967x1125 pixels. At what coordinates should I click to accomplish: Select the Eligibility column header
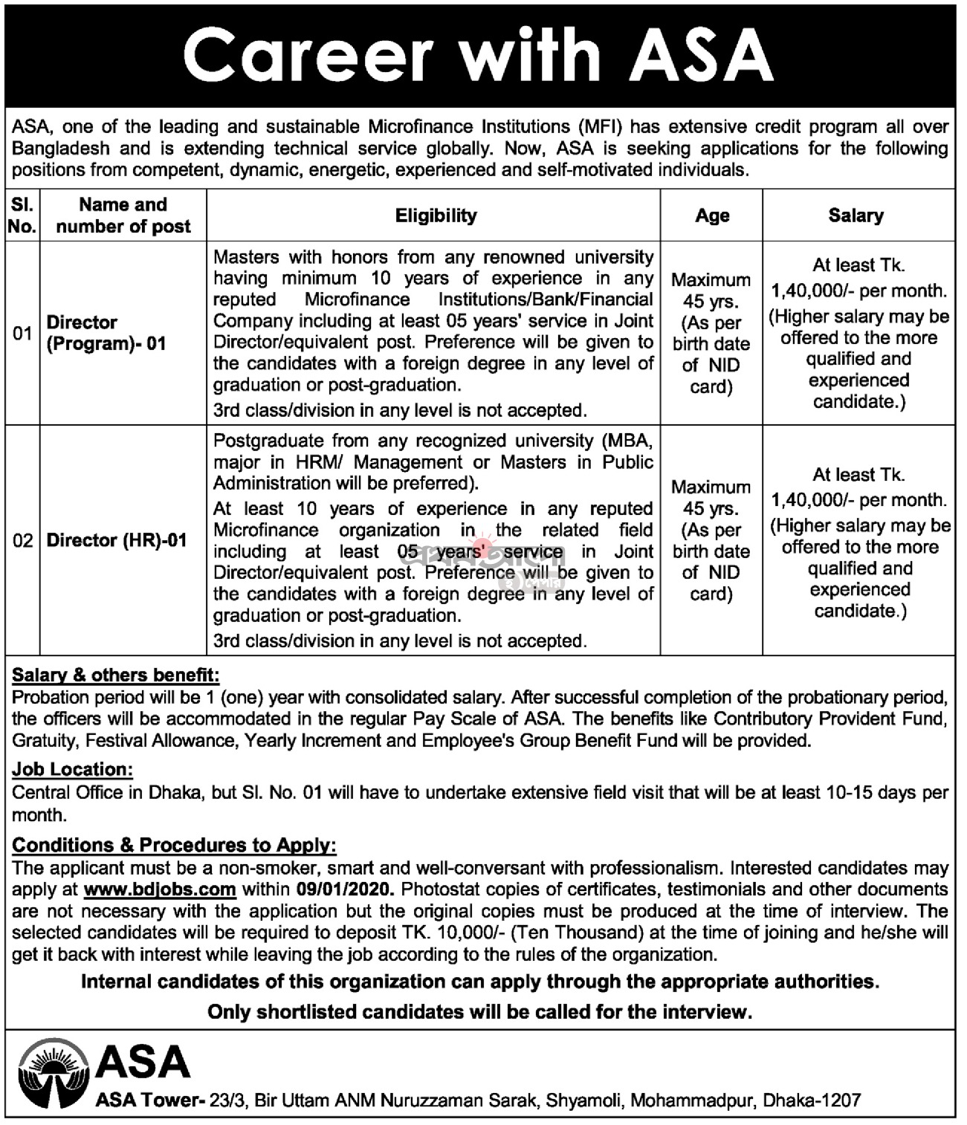click(x=436, y=215)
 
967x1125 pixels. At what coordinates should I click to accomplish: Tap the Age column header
click(x=712, y=215)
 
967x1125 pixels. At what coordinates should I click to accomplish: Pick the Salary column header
click(x=856, y=215)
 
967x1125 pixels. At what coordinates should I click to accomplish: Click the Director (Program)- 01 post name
click(x=106, y=333)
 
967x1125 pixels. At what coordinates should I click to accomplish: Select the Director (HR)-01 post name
click(x=117, y=540)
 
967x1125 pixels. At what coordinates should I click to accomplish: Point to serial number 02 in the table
click(x=22, y=540)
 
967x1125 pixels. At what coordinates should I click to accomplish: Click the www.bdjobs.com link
click(x=160, y=889)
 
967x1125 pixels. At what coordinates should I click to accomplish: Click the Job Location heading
click(x=72, y=769)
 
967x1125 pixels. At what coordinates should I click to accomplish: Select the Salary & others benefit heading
click(x=116, y=675)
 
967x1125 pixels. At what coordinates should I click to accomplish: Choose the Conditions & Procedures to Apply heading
click(x=175, y=845)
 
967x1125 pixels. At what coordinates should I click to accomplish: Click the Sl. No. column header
click(x=22, y=215)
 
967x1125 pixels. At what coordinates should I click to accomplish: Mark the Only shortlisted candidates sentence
click(x=479, y=1011)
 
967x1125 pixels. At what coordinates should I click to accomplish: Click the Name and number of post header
click(x=123, y=215)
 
